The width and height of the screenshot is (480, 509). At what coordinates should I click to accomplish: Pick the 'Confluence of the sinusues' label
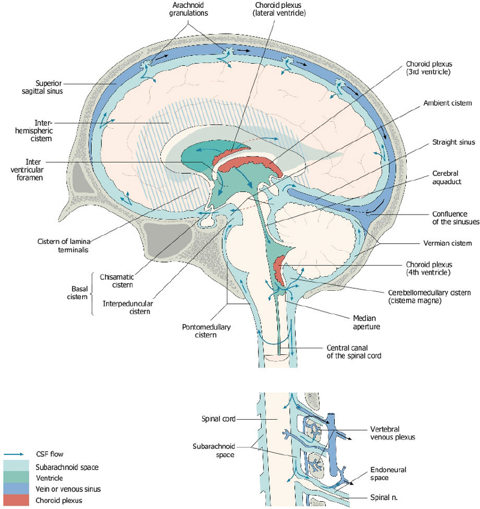(451, 218)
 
